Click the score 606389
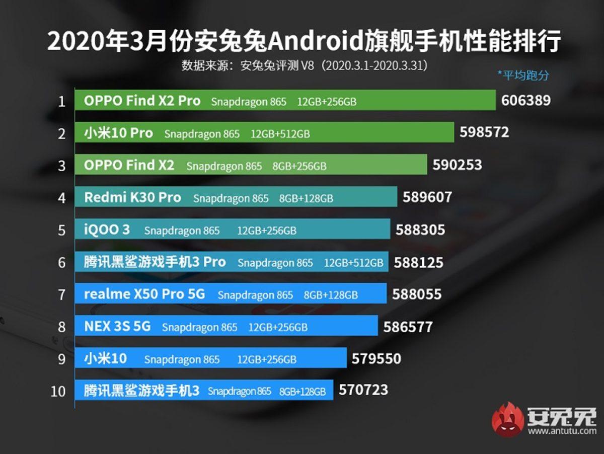tap(525, 101)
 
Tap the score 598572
tap(484, 133)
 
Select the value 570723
tap(363, 390)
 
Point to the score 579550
tap(376, 359)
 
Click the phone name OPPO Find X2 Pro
tap(142, 101)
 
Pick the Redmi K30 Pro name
tap(132, 198)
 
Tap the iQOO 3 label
tap(107, 230)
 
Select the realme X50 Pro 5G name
tap(144, 294)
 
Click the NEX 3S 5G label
tap(117, 327)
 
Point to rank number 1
tap(62, 102)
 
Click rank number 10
tap(58, 391)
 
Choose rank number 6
tap(62, 262)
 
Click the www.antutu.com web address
tap(562, 431)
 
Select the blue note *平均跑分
tap(523, 75)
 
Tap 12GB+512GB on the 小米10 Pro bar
tap(280, 134)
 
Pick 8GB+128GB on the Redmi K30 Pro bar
tap(306, 198)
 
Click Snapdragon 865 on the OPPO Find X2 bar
tap(224, 166)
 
